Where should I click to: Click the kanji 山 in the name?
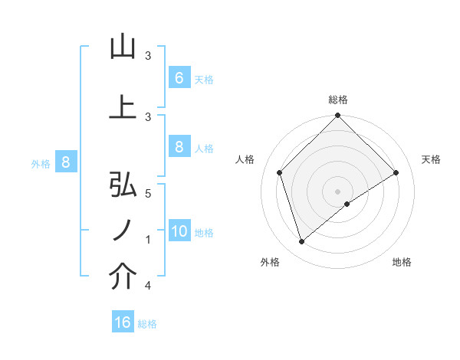click(x=123, y=48)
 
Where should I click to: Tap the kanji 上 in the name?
click(x=123, y=108)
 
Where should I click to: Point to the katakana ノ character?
click(x=123, y=231)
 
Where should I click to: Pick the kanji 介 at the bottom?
click(x=123, y=277)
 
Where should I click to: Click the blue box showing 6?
click(x=179, y=77)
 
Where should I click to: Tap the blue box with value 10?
click(x=179, y=231)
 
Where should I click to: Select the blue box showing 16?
click(x=123, y=322)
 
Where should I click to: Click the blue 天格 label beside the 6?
click(x=204, y=79)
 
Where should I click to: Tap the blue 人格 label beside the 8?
click(x=204, y=149)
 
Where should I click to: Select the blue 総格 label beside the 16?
click(x=147, y=324)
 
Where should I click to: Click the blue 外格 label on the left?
click(x=40, y=163)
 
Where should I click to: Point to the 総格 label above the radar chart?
click(x=338, y=100)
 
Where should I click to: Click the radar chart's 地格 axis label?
click(x=402, y=262)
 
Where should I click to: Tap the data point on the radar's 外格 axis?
click(x=302, y=242)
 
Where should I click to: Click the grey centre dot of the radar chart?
click(x=338, y=191)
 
